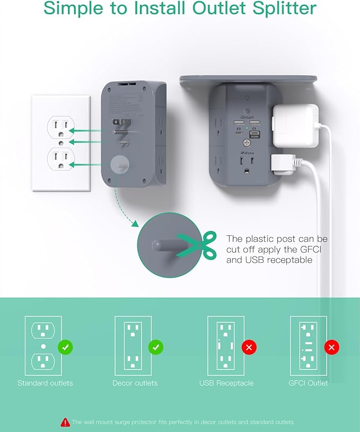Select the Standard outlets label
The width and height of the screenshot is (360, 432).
click(45, 383)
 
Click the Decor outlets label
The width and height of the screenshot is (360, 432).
click(135, 383)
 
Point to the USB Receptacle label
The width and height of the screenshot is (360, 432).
click(226, 383)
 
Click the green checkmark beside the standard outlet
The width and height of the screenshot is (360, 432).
click(66, 348)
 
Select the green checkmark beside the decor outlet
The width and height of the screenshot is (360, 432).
click(156, 348)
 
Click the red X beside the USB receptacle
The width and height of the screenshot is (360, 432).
click(249, 348)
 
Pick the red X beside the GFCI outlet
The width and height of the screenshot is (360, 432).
click(332, 348)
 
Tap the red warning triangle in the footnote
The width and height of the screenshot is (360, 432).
click(65, 422)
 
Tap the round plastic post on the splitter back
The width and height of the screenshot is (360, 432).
click(120, 165)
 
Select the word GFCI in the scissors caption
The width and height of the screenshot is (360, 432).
click(315, 250)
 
